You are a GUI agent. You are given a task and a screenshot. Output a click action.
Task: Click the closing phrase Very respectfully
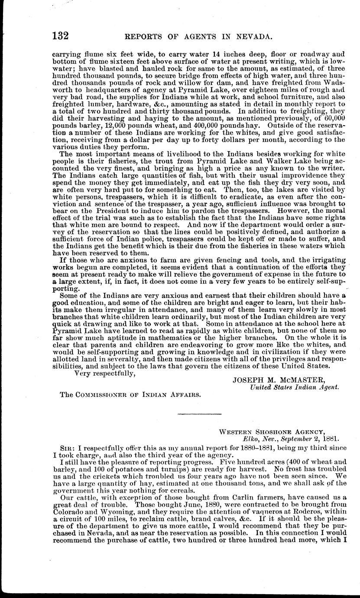tap(104, 373)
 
